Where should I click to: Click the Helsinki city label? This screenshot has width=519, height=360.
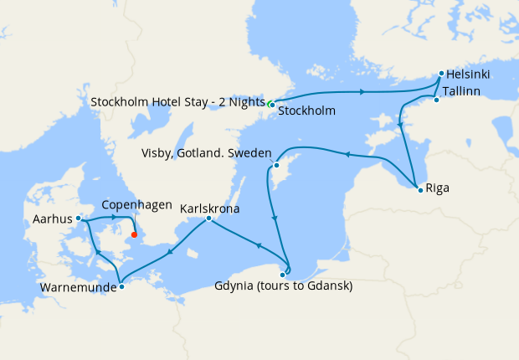click(x=469, y=75)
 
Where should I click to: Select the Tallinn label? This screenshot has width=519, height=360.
click(x=461, y=90)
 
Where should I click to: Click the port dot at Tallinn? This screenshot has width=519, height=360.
click(x=436, y=100)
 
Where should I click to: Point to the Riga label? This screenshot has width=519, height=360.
click(x=437, y=188)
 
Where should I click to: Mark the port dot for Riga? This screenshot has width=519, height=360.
click(x=419, y=191)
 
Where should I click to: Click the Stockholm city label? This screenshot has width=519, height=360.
click(x=306, y=111)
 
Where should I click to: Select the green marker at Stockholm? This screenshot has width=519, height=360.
click(x=270, y=104)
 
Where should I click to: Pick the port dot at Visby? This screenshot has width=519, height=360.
click(x=275, y=165)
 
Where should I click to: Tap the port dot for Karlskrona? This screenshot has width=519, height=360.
click(x=208, y=219)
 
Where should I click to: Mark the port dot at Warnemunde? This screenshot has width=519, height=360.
click(x=121, y=286)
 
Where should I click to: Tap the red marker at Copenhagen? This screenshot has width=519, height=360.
click(x=134, y=234)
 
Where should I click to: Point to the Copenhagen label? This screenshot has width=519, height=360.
click(x=136, y=205)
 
